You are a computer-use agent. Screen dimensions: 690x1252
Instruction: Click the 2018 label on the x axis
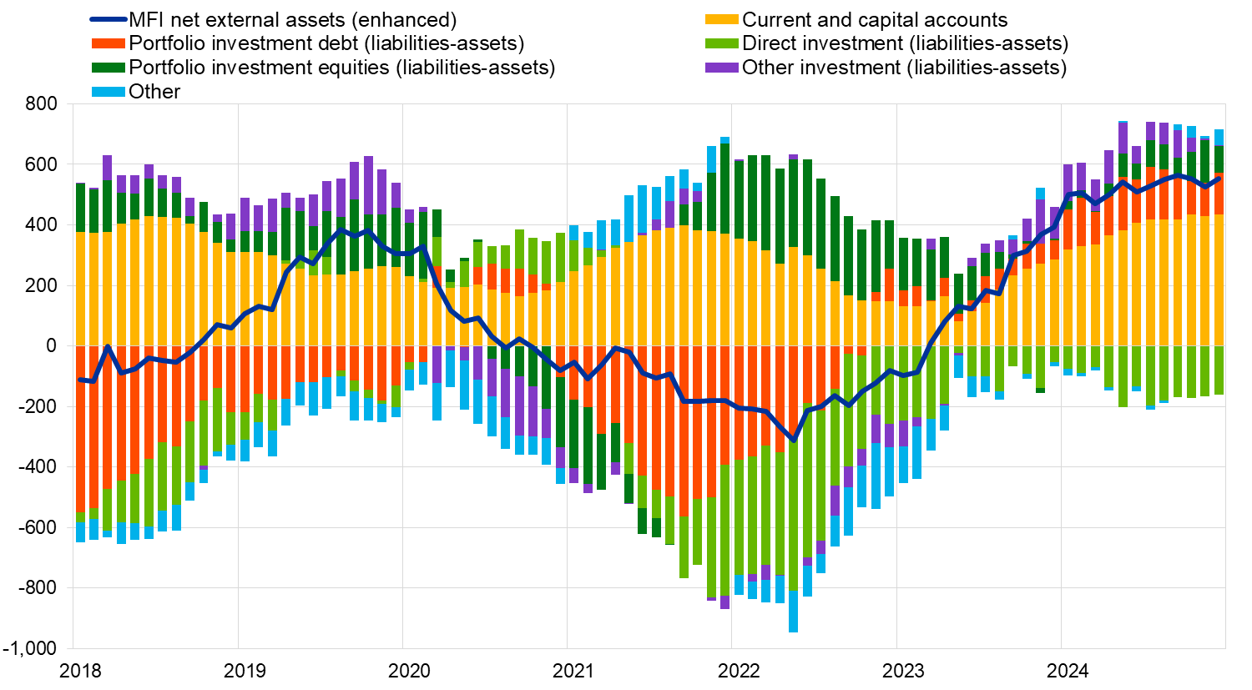click(81, 671)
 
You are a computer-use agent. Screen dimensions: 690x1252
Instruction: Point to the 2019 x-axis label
click(245, 671)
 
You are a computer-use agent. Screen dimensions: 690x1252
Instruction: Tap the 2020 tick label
click(410, 671)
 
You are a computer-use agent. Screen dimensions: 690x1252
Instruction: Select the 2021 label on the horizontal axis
click(574, 671)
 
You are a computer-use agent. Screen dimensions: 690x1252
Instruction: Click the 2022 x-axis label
click(739, 671)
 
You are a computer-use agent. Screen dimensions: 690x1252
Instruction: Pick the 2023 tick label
click(903, 671)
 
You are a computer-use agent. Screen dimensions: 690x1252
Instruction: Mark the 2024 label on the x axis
click(1068, 671)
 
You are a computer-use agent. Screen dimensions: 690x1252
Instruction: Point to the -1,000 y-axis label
click(29, 648)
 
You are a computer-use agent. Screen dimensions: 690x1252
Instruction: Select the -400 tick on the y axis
click(38, 467)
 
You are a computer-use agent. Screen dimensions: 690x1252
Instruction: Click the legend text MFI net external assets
click(292, 20)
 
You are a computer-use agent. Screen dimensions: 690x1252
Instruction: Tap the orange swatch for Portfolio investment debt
click(109, 43)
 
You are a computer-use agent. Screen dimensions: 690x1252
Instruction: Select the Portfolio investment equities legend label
click(341, 68)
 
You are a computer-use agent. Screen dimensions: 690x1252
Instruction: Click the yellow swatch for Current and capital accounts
click(722, 20)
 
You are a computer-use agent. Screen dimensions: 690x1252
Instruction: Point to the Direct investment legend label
click(905, 43)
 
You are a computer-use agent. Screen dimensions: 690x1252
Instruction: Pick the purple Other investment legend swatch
click(722, 68)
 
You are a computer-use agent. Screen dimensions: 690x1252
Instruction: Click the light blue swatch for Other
click(109, 92)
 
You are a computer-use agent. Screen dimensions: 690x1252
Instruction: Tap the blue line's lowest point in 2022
click(794, 441)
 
